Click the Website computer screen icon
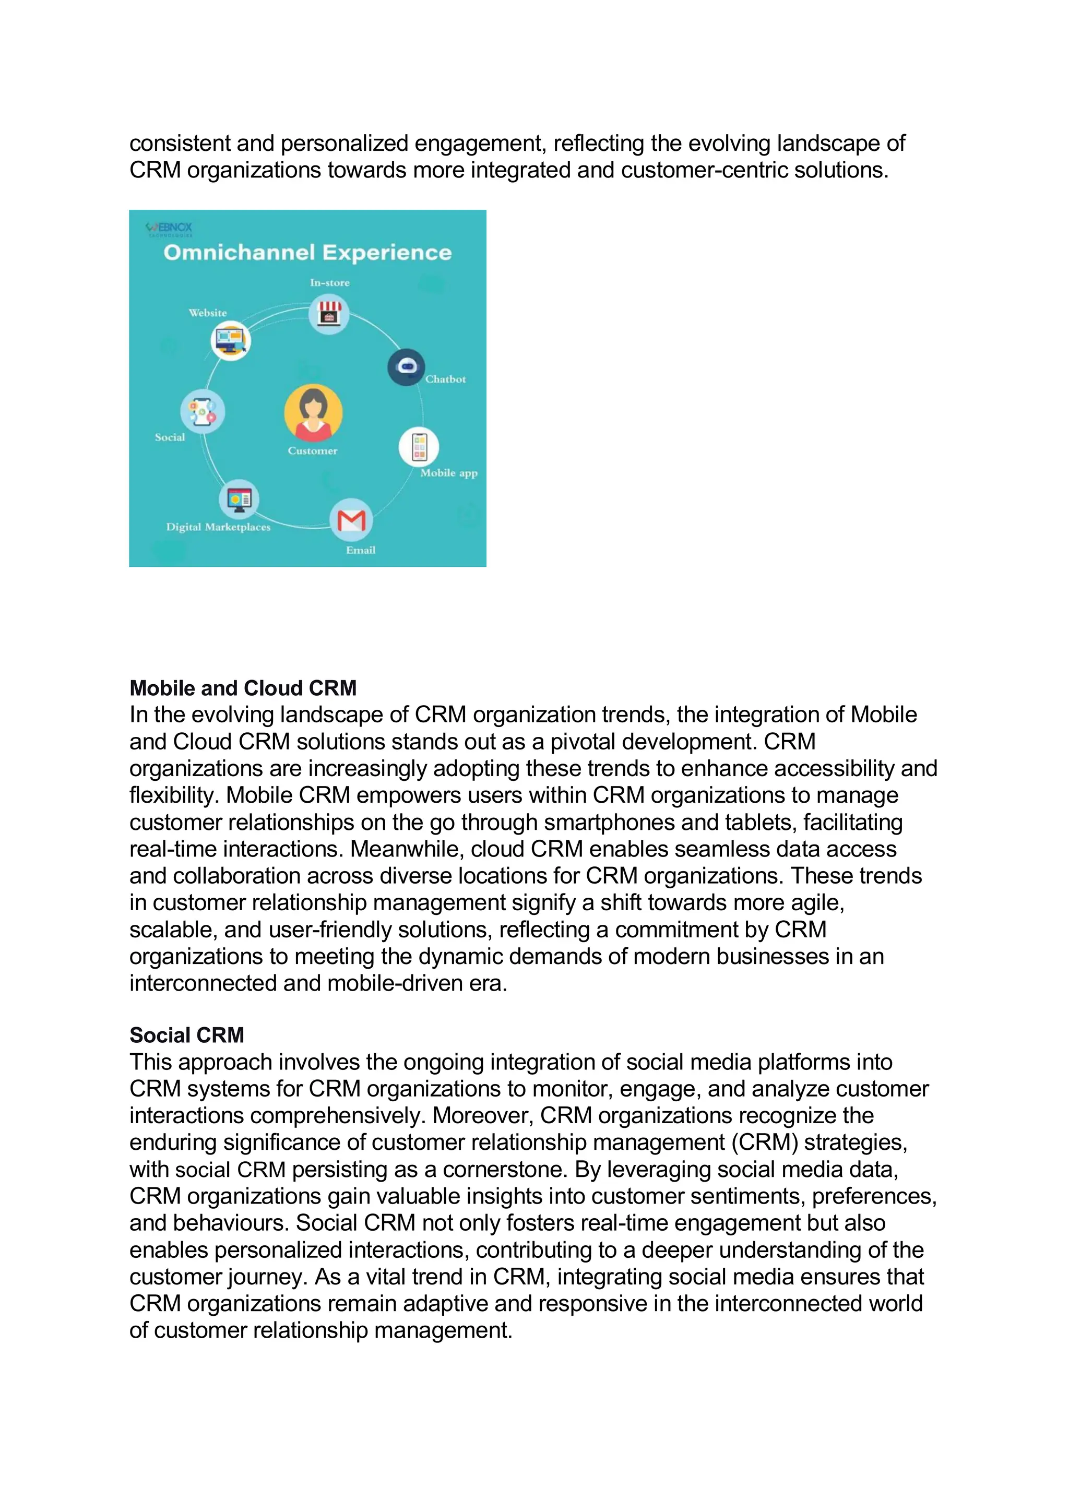click(x=231, y=340)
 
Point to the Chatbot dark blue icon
click(x=406, y=367)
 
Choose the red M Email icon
click(x=351, y=520)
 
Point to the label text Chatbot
click(x=445, y=379)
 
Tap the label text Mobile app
click(x=448, y=473)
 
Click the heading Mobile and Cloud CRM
click(x=243, y=688)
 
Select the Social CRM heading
click(x=186, y=1035)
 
